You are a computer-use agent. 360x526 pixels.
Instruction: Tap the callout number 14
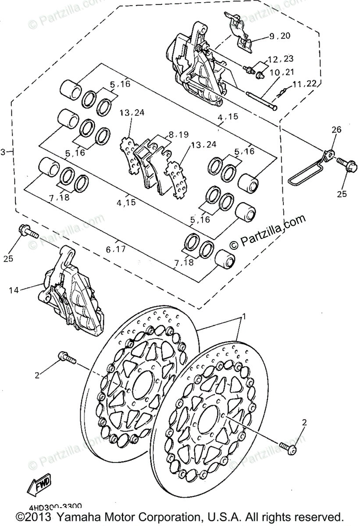pyautogui.click(x=14, y=290)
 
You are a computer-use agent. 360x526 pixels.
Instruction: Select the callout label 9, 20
pyautogui.click(x=280, y=36)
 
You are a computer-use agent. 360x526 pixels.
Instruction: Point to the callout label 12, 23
pyautogui.click(x=281, y=59)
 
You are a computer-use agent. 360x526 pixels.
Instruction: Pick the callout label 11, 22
pyautogui.click(x=305, y=84)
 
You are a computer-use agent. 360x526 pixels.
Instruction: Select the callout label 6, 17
pyautogui.click(x=116, y=249)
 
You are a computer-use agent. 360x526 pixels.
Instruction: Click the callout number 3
pyautogui.click(x=4, y=152)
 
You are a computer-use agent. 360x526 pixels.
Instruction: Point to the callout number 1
pyautogui.click(x=244, y=316)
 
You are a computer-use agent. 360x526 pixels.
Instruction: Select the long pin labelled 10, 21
pyautogui.click(x=261, y=100)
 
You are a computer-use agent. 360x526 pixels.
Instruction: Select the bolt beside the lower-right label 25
pyautogui.click(x=345, y=165)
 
